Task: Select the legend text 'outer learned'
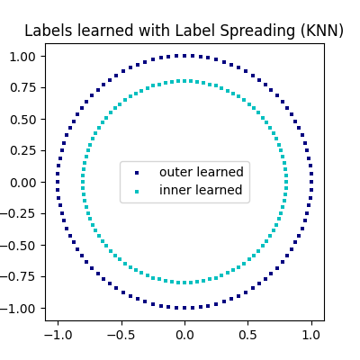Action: (201, 172)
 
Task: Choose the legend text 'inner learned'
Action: (201, 190)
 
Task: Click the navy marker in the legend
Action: (137, 172)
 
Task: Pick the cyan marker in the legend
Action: (137, 191)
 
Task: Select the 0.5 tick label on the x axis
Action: (247, 334)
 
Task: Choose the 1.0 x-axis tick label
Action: (310, 334)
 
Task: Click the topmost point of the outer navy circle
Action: (184, 56)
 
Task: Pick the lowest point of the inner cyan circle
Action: (184, 283)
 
